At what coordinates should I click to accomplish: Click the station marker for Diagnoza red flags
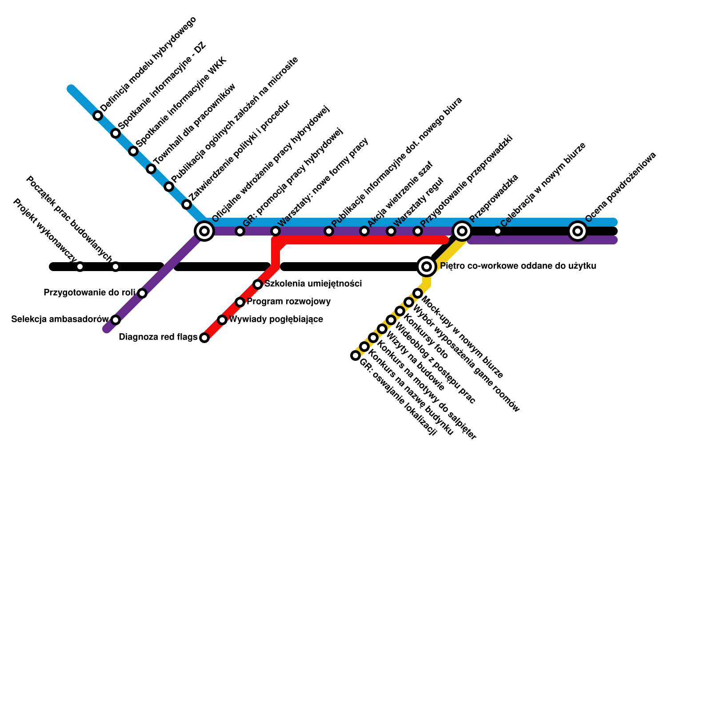(204, 338)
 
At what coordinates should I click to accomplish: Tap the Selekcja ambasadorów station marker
(116, 320)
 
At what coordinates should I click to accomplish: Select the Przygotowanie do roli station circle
(142, 293)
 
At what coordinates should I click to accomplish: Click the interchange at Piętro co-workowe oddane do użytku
(427, 267)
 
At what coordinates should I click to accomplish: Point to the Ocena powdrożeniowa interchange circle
(578, 231)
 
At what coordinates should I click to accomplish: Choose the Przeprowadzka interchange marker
(462, 231)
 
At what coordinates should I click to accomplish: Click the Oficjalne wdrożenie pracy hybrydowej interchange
(204, 231)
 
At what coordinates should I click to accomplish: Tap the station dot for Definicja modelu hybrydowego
(98, 116)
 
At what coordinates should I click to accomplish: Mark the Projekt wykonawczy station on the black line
(80, 267)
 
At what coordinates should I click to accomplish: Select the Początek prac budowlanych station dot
(116, 267)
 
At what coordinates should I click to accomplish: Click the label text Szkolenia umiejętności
(313, 284)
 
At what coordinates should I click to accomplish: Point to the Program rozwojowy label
(289, 302)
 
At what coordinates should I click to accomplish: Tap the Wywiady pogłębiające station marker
(222, 320)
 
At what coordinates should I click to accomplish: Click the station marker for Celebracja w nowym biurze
(498, 231)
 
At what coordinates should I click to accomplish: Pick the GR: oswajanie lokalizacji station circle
(355, 355)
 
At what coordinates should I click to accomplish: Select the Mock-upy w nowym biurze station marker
(418, 293)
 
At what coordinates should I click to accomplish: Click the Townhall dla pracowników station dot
(151, 169)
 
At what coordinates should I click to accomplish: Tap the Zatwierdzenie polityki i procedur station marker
(187, 204)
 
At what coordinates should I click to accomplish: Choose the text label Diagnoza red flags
(158, 337)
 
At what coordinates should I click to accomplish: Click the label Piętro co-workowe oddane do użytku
(518, 266)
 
